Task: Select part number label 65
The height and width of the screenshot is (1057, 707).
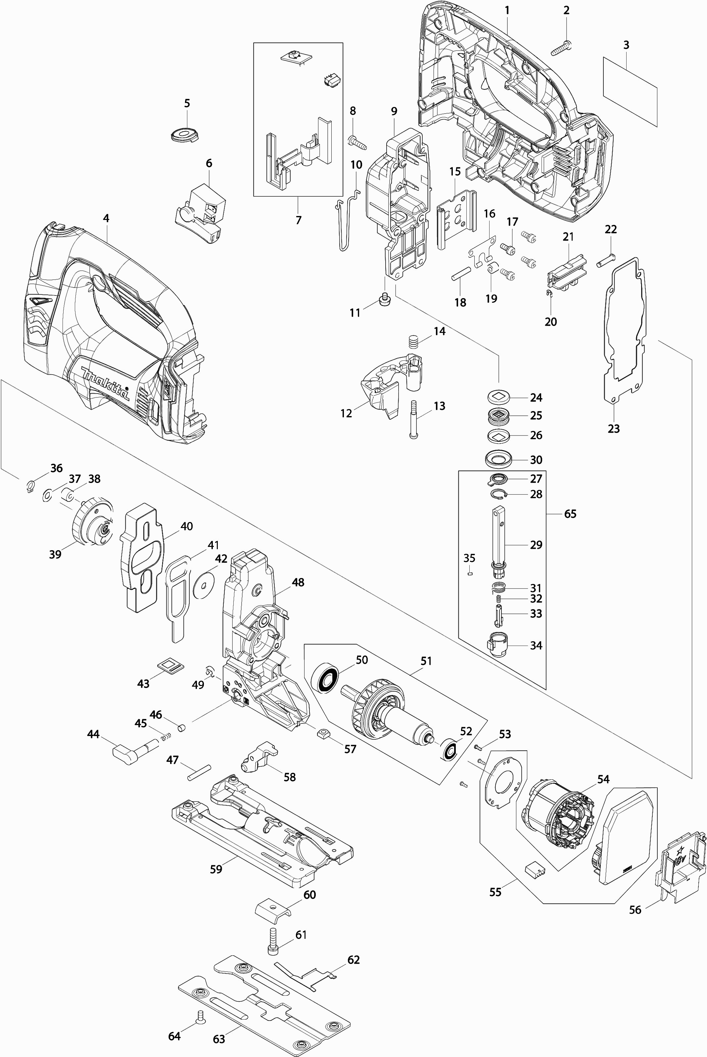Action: click(570, 514)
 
